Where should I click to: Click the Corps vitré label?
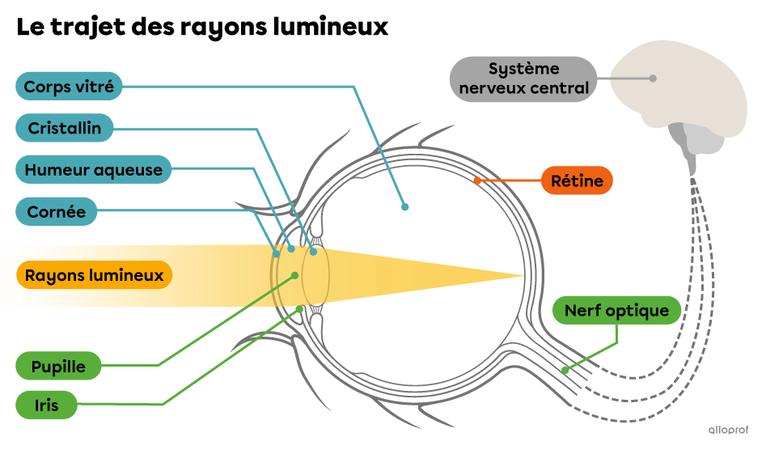[x=69, y=86]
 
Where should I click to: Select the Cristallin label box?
[x=65, y=128]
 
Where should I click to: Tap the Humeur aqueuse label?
[x=93, y=170]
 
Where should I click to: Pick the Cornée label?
[x=57, y=212]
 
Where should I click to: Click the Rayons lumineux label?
[x=94, y=275]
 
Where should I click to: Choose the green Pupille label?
[x=58, y=366]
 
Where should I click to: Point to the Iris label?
[x=47, y=405]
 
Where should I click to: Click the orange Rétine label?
[x=577, y=180]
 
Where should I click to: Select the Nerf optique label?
[x=616, y=310]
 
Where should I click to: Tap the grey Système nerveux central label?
[x=523, y=79]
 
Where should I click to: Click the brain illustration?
[x=679, y=89]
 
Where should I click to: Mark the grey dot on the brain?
[x=652, y=79]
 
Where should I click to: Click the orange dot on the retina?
[x=477, y=180]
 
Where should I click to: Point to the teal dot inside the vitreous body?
[x=404, y=207]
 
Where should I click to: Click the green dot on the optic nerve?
[x=565, y=370]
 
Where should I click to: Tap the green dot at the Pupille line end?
[x=295, y=275]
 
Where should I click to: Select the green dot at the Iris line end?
[x=300, y=308]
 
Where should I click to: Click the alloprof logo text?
[x=728, y=430]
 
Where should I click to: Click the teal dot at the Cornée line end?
[x=277, y=254]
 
